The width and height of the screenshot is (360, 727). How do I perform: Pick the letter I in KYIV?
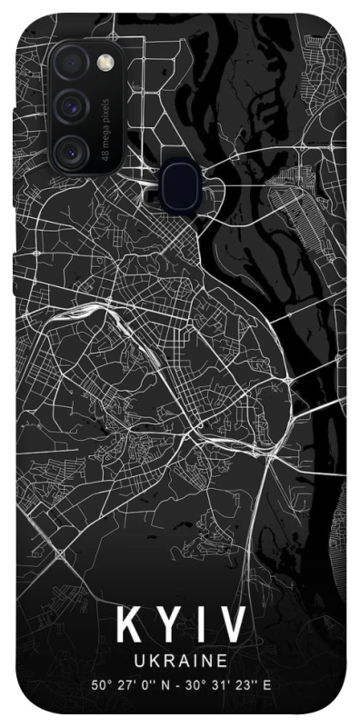200,626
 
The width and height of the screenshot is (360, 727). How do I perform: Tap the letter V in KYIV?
232,626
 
